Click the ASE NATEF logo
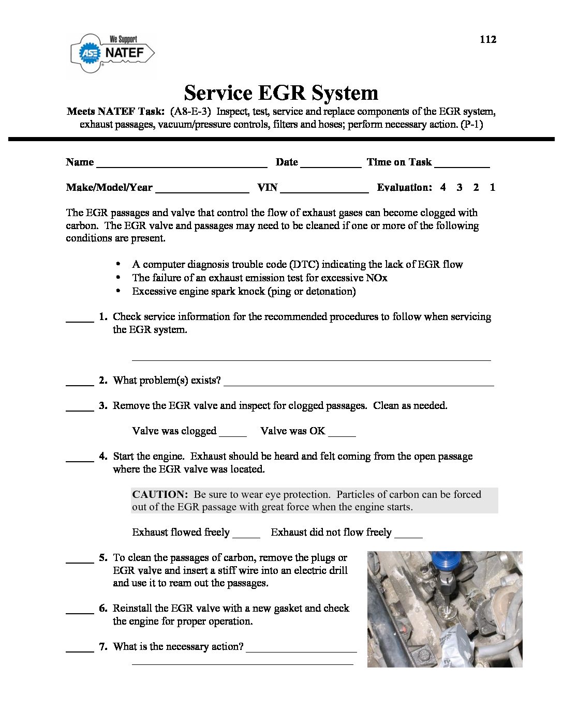click(112, 53)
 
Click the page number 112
click(487, 40)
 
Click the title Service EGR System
click(281, 93)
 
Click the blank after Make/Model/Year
click(202, 190)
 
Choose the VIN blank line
click(324, 190)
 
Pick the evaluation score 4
click(443, 188)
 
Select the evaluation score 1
click(492, 188)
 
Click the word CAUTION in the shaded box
click(159, 495)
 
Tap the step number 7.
click(103, 647)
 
